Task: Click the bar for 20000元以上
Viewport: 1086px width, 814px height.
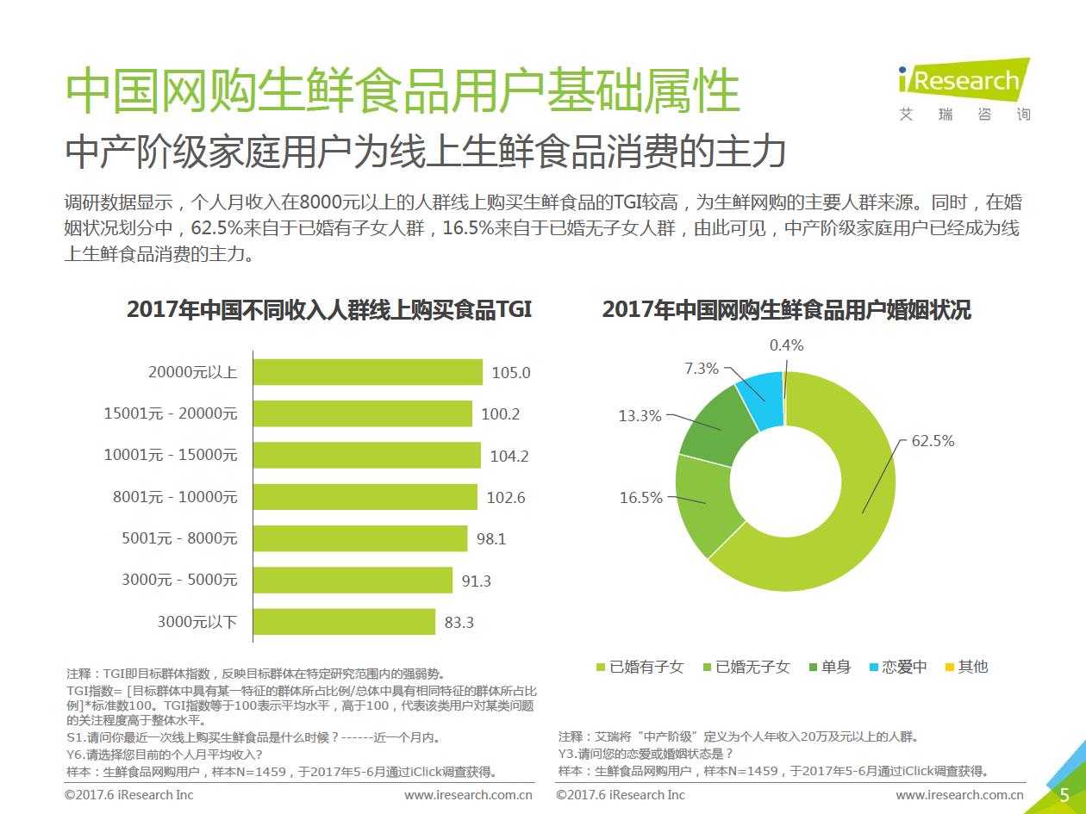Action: [x=368, y=372]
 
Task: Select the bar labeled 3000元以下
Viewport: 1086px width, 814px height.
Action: [x=345, y=621]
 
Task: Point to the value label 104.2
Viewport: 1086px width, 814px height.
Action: [x=509, y=456]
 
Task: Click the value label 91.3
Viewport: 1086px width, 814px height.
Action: [x=476, y=581]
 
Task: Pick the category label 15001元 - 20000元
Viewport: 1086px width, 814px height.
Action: [x=171, y=413]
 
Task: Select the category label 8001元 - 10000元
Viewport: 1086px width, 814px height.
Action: [x=175, y=497]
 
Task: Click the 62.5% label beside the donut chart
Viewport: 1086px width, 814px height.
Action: [x=933, y=441]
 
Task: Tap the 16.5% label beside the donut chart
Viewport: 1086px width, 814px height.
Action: [x=641, y=498]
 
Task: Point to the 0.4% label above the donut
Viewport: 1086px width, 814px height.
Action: [x=786, y=345]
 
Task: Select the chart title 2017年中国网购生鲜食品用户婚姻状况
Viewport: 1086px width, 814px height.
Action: [x=786, y=310]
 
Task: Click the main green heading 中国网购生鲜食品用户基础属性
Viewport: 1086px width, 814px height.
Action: [x=403, y=91]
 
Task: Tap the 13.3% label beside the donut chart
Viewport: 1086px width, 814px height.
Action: [x=640, y=415]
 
